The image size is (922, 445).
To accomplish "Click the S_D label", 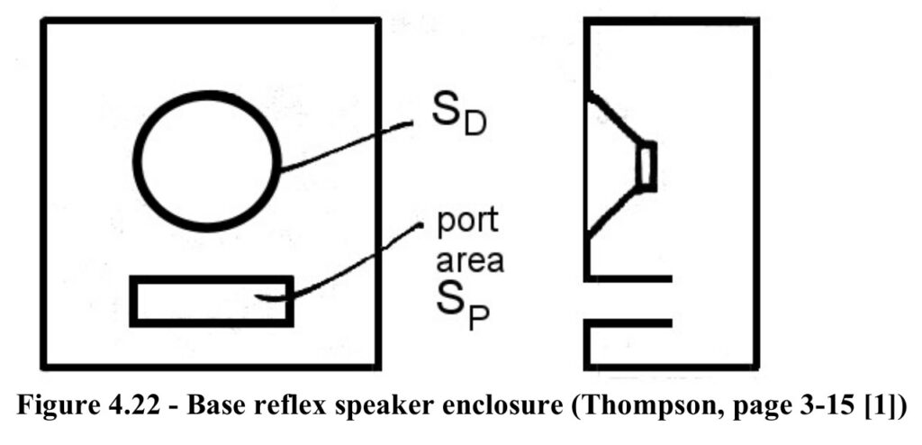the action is (x=459, y=120).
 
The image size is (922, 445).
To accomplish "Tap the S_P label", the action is (x=462, y=309).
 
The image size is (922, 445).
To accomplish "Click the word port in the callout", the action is (x=467, y=222).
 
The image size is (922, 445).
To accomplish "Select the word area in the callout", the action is (x=469, y=259).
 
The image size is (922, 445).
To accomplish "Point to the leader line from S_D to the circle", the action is (x=345, y=146).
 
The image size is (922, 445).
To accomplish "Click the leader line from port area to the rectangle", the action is (x=342, y=265).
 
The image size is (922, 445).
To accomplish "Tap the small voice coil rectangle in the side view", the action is (x=646, y=167).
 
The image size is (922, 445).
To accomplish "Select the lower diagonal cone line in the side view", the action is (x=612, y=213).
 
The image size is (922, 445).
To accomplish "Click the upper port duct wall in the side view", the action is (x=628, y=278).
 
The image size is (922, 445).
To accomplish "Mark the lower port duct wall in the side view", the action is (x=628, y=323).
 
